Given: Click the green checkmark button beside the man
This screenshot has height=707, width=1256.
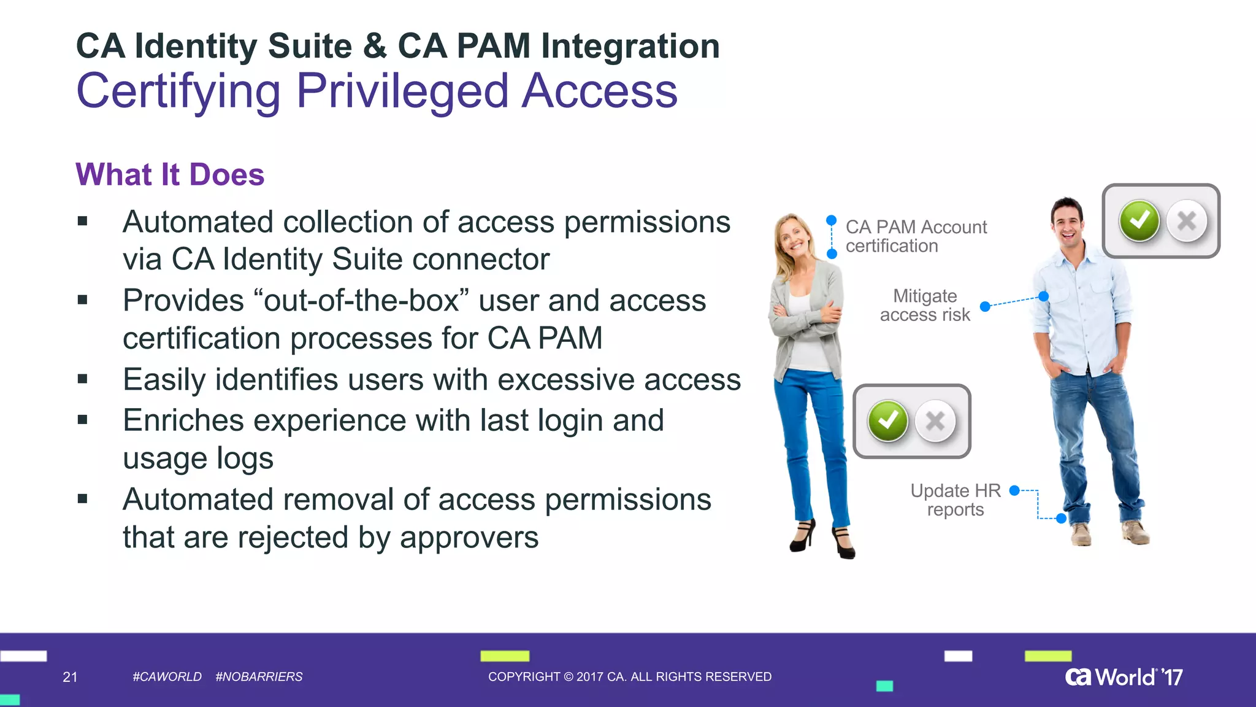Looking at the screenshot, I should pos(1139,221).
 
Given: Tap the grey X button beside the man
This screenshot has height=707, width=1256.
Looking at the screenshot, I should pos(1187,221).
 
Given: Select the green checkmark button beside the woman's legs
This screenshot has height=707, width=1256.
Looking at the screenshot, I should pos(887,421).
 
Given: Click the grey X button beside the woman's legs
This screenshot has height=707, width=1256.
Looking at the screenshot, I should pos(935,421).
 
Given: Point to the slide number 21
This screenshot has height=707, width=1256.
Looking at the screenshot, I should pos(70,677).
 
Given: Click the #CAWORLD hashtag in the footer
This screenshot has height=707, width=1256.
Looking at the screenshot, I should pos(167,677).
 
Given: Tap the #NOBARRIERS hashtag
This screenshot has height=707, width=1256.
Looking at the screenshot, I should pos(259,677).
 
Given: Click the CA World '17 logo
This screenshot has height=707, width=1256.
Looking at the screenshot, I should pos(1124,677).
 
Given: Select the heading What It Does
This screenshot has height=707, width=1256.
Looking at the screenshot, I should pos(170,174).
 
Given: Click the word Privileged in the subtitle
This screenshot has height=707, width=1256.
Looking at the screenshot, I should pos(402,91).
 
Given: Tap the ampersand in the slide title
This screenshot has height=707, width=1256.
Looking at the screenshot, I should pos(374,46).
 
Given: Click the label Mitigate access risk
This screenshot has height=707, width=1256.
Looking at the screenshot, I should pos(925,305).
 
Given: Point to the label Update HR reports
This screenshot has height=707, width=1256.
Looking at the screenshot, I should pos(955,500).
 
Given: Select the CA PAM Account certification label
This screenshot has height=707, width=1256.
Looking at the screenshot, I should pos(916,236).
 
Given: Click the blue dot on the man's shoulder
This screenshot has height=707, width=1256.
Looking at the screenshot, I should pos(1043,296).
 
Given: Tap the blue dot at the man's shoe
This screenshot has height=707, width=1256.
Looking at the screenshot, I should pos(1062,519).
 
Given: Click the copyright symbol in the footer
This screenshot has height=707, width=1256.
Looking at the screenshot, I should pos(568,677).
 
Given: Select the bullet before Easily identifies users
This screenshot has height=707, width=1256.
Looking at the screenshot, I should pos(83,379).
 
